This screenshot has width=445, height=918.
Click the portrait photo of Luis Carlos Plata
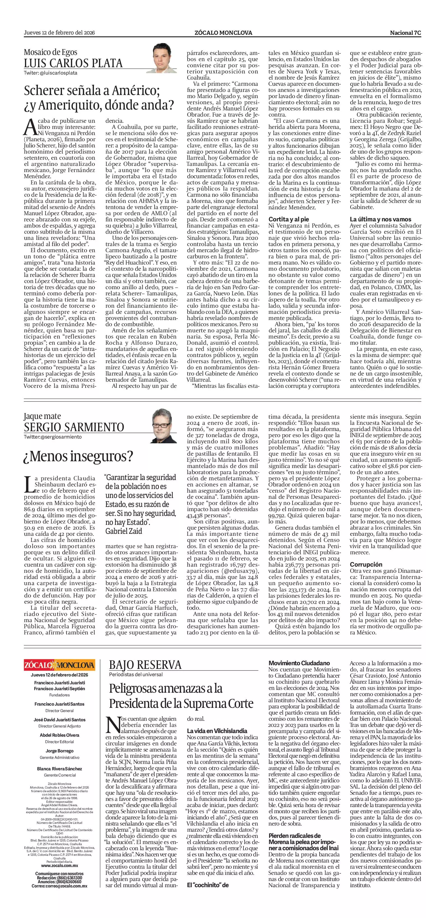(164, 58)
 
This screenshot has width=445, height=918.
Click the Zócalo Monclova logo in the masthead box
(59, 665)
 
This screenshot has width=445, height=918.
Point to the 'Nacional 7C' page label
(405, 33)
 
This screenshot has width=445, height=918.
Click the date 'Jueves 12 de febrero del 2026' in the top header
(59, 33)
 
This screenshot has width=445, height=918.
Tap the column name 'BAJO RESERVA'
(145, 665)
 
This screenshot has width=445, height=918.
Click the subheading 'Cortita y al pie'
(289, 219)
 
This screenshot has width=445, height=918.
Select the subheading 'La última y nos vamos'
(380, 219)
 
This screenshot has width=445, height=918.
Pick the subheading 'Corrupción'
(366, 564)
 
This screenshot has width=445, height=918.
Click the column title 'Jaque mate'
(42, 416)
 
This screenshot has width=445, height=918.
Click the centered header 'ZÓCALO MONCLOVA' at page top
(223, 33)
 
